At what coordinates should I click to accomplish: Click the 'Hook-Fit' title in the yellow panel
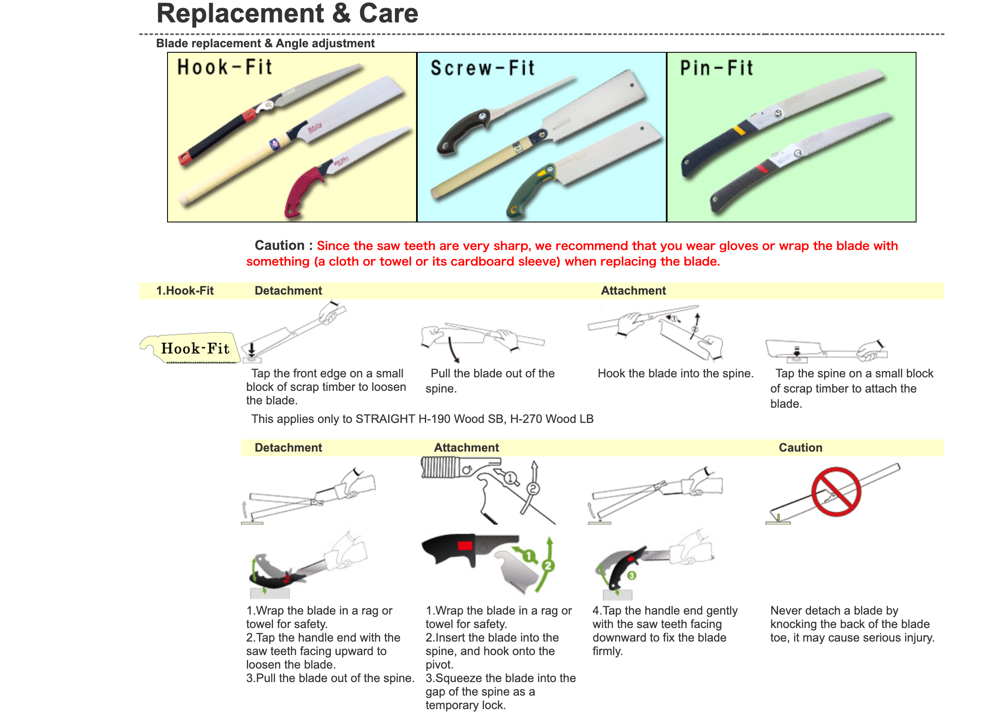224,68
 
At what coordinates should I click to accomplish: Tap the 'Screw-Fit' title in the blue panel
482,68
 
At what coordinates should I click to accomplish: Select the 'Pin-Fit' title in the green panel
717,68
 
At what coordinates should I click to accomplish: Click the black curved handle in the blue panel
461,132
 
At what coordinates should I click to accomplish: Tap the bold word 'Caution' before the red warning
279,245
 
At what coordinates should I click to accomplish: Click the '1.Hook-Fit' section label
185,290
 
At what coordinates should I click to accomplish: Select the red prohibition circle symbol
836,492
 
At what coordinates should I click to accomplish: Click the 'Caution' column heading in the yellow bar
800,448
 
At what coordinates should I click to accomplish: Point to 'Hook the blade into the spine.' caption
675,374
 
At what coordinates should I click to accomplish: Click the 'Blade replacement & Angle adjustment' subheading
265,43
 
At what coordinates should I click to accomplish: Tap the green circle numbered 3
631,575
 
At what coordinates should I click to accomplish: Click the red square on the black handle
465,546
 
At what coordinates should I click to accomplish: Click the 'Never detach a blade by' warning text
834,611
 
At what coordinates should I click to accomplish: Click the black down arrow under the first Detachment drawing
252,350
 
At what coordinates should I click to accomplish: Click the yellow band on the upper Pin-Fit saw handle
739,130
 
